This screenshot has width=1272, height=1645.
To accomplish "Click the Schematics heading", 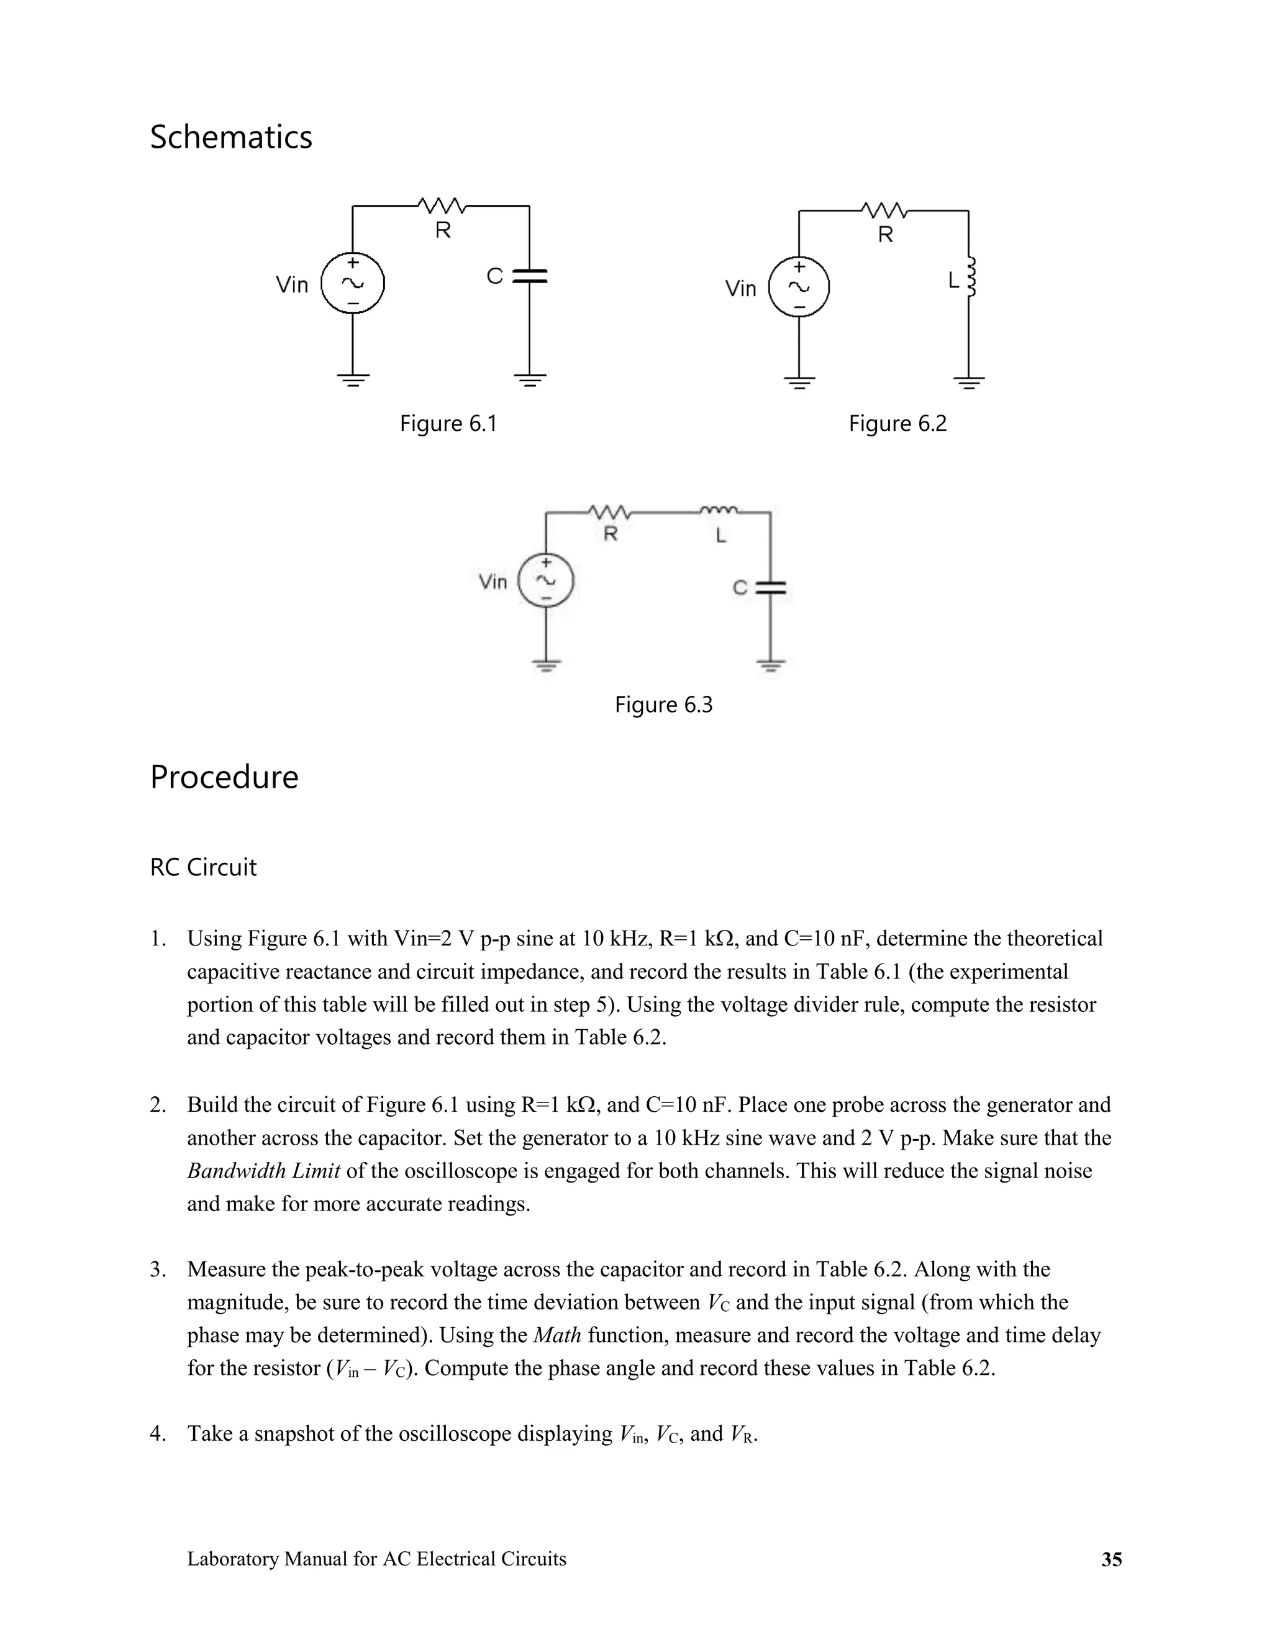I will point(230,138).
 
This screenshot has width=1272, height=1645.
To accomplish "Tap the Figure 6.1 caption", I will point(448,423).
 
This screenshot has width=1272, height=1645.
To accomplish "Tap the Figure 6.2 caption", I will point(897,423).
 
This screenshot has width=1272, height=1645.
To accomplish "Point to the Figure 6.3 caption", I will point(663,705).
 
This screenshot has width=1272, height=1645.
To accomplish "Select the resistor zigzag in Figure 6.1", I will point(442,205).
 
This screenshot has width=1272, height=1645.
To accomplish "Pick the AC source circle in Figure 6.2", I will point(799,287).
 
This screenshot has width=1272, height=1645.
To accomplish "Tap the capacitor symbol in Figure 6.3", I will point(770,587).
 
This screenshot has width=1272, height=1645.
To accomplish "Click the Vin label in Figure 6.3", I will point(493,582).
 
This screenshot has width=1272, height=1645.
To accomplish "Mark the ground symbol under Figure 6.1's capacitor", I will point(530,380).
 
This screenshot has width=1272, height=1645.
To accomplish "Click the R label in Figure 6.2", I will point(886,235).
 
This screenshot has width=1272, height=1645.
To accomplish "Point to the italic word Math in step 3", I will point(557,1335).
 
